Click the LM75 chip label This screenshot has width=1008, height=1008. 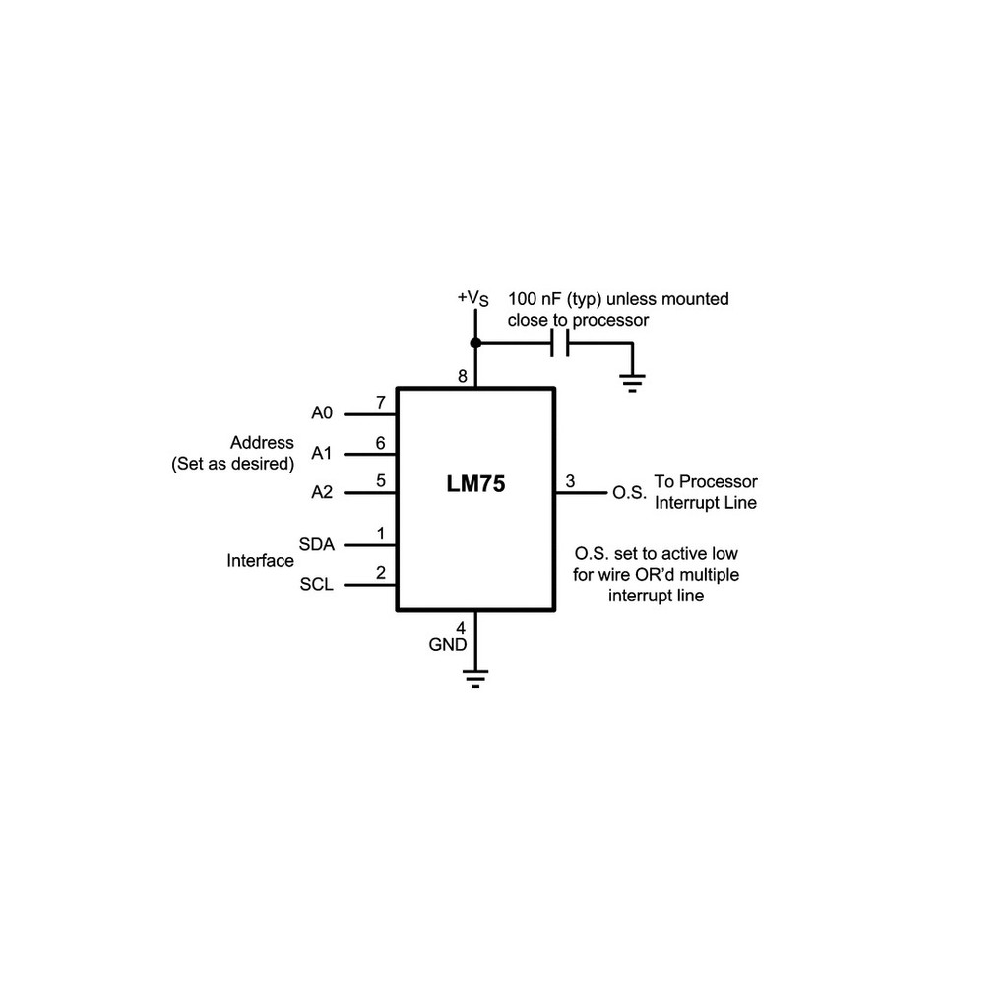[475, 484]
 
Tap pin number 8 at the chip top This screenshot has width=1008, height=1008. [462, 376]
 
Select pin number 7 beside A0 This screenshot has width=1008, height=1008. [380, 403]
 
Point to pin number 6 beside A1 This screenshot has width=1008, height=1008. [380, 443]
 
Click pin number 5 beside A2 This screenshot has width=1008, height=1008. [380, 481]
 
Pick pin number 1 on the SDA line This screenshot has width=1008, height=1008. [380, 535]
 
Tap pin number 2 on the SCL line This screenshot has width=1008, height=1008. [380, 573]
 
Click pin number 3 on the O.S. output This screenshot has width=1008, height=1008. [570, 481]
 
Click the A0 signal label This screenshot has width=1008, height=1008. [322, 413]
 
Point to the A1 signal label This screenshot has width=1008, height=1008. [322, 454]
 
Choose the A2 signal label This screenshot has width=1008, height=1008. [322, 492]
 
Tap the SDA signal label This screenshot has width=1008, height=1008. [316, 544]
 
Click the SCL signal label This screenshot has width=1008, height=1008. [316, 585]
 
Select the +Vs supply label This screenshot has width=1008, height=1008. [472, 297]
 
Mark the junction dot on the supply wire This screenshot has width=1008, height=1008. [475, 343]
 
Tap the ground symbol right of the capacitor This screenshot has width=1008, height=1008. [632, 380]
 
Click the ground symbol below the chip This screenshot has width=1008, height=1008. [475, 679]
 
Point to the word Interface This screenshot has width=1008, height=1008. [260, 561]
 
